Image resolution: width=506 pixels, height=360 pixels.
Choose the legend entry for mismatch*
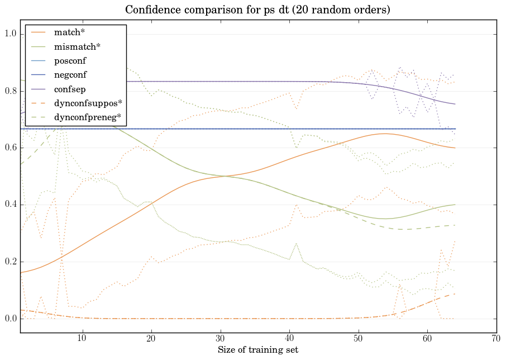[x=75, y=47]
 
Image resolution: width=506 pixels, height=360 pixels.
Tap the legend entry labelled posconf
[x=70, y=60]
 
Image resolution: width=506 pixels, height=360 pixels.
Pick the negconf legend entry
[x=70, y=75]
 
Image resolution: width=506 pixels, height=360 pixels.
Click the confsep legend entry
[x=70, y=89]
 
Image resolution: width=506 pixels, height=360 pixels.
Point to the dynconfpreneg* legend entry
[x=87, y=117]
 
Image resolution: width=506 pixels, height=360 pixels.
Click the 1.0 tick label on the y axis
[x=11, y=34]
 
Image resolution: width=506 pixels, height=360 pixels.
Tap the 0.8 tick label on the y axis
[x=11, y=91]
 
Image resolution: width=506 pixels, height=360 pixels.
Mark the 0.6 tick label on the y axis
[x=11, y=148]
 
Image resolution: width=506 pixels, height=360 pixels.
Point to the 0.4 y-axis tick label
[x=11, y=205]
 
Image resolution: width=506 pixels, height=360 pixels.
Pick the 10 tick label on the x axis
[x=82, y=338]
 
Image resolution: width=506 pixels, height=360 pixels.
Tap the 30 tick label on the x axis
[x=220, y=338]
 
